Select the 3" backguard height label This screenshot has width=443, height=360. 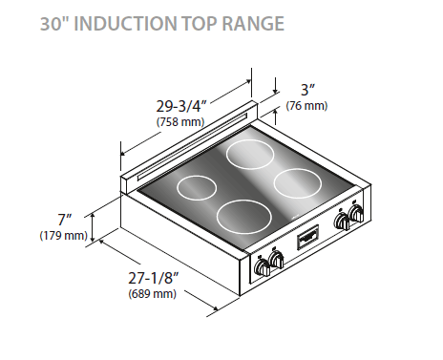[305, 91]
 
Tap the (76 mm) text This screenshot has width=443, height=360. [306, 105]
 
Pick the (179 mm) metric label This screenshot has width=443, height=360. [63, 235]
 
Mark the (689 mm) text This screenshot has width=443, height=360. [152, 294]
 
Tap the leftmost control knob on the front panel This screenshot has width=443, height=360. [263, 266]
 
